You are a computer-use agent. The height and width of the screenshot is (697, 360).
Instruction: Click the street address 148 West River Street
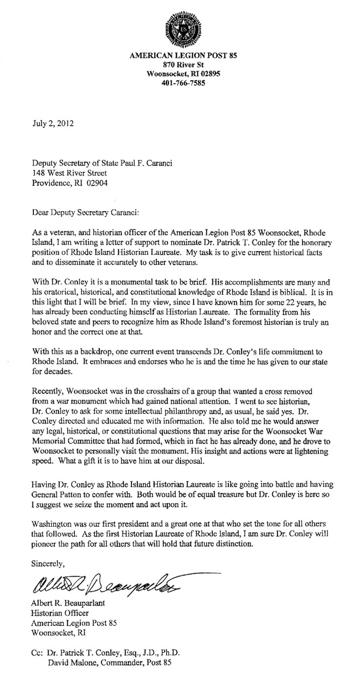click(x=70, y=173)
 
